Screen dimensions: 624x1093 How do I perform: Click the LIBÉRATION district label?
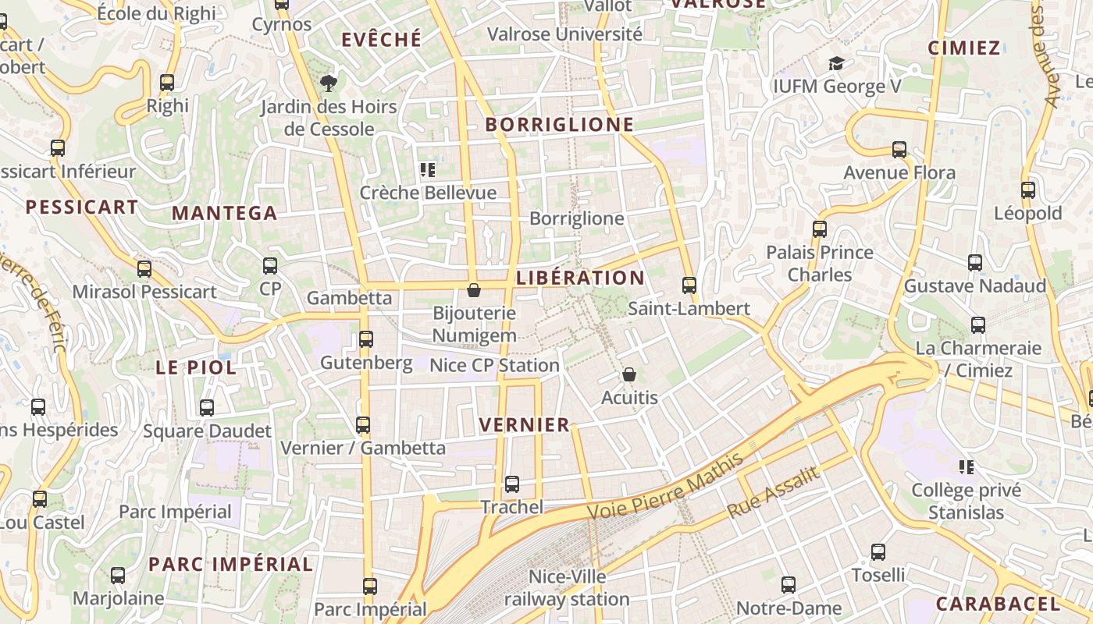point(580,278)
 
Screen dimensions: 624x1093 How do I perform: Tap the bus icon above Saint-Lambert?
point(689,285)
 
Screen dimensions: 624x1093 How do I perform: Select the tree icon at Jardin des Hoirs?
point(329,82)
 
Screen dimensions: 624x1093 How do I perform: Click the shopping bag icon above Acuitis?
point(629,375)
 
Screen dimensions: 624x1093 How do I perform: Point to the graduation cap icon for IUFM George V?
point(836,63)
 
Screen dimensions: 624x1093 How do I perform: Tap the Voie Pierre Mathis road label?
point(665,487)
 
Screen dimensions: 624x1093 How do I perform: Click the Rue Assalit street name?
point(774,492)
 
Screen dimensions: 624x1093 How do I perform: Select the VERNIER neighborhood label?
point(525,425)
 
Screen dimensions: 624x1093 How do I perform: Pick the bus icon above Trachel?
point(511,484)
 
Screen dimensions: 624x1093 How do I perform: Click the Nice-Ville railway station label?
point(567,588)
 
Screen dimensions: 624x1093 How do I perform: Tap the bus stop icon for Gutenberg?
point(365,339)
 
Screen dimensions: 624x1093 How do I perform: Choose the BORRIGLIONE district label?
point(560,125)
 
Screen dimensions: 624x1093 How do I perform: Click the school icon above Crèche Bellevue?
point(427,169)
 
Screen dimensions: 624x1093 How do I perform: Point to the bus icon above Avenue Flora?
point(899,150)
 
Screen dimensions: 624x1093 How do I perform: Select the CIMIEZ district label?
point(964,48)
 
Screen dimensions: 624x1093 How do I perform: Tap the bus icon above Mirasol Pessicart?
point(144,269)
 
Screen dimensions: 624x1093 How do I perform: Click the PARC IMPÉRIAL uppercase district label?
point(230,564)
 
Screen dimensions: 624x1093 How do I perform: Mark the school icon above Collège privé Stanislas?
point(967,467)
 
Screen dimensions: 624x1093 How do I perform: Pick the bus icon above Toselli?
point(878,552)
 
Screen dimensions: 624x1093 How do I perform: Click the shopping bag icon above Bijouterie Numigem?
point(473,291)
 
